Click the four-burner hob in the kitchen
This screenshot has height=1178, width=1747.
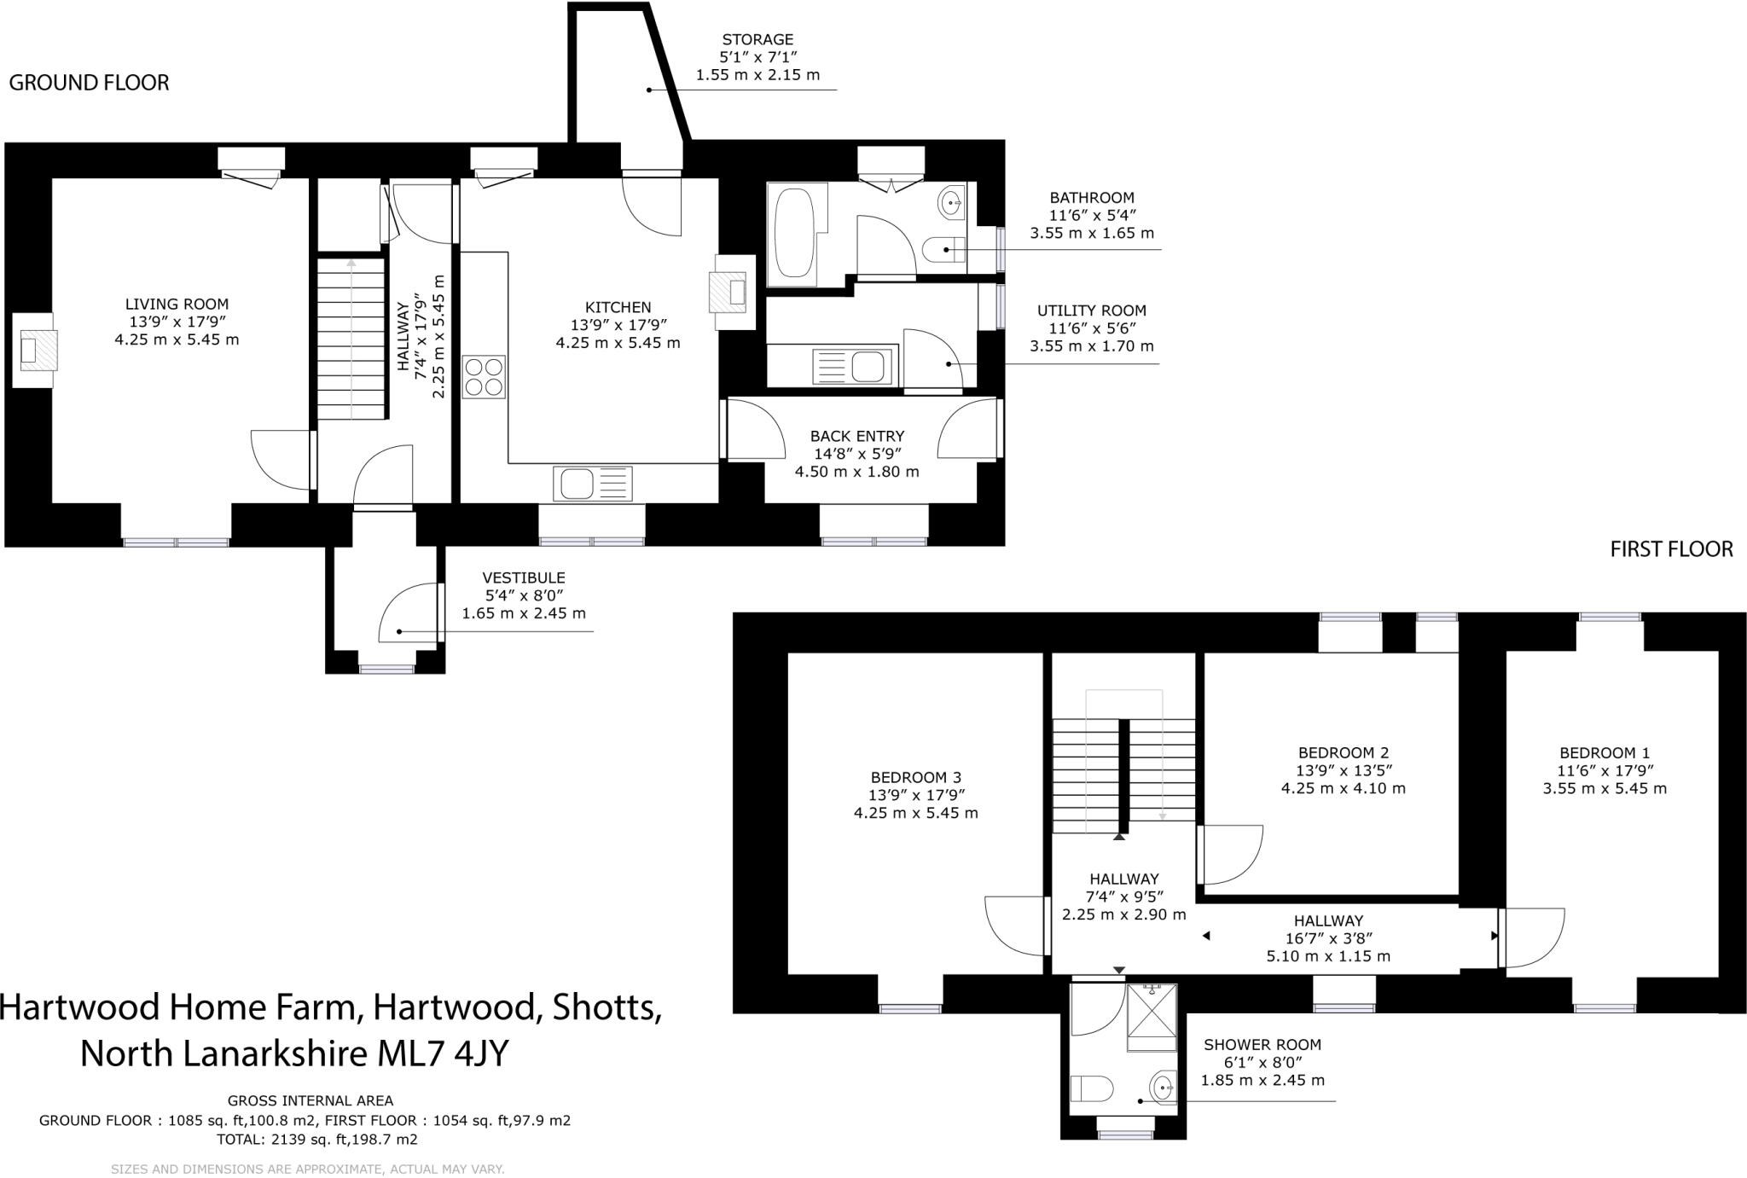pos(484,376)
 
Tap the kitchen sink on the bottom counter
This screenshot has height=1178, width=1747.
pos(592,484)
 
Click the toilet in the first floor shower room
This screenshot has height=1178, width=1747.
pos(1091,1089)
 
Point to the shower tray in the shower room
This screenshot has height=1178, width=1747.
pos(1152,1018)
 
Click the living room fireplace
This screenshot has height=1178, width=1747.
pos(36,351)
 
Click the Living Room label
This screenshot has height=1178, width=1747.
pos(177,304)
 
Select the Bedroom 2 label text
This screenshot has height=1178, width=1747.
pos(1343,752)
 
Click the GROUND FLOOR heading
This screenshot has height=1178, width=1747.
pos(89,83)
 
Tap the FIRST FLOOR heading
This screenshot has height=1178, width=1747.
pos(1670,549)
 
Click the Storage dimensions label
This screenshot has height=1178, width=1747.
pos(757,57)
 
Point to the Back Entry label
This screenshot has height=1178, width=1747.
pos(856,436)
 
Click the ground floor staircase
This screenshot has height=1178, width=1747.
pos(351,339)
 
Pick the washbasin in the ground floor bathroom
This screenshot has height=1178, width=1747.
pos(950,203)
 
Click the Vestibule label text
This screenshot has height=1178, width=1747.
pos(523,577)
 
